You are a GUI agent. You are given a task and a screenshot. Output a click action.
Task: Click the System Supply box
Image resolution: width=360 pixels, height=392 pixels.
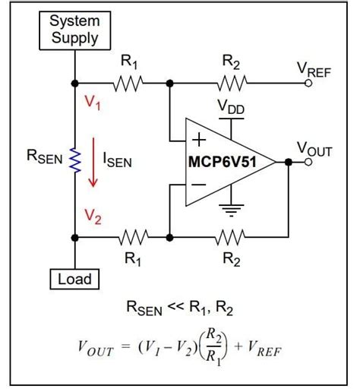tap(75, 30)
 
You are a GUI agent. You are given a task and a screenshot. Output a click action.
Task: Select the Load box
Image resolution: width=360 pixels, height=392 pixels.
tap(75, 279)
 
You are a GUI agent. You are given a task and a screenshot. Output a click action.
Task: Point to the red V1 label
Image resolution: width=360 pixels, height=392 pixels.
tap(93, 105)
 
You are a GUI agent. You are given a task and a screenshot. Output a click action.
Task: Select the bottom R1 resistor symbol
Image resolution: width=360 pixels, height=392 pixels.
tap(134, 238)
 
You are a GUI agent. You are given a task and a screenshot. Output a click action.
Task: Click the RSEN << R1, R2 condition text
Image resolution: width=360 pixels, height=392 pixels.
tap(181, 308)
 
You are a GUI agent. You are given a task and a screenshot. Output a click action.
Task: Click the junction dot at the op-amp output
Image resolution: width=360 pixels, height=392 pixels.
tap(289, 161)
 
